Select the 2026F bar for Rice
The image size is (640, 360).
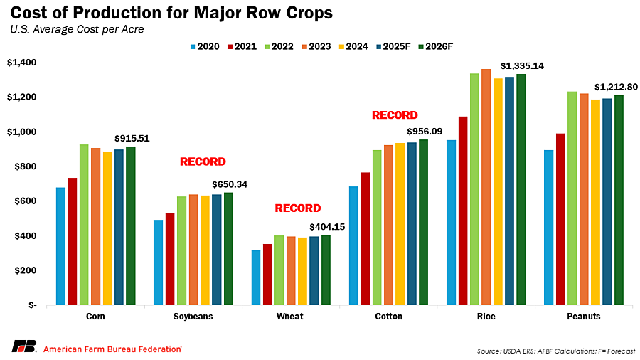pyautogui.click(x=521, y=189)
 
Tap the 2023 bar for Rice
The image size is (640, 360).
pyautogui.click(x=486, y=186)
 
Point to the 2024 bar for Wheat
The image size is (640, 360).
pyautogui.click(x=302, y=271)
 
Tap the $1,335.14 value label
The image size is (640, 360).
pyautogui.click(x=522, y=65)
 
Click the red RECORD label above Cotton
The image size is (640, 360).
pyautogui.click(x=395, y=115)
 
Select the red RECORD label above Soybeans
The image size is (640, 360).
pyautogui.click(x=203, y=162)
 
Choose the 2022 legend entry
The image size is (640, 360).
pyautogui.click(x=281, y=46)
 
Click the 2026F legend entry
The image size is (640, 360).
pyautogui.click(x=436, y=46)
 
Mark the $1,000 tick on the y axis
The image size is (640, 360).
pyautogui.click(x=23, y=132)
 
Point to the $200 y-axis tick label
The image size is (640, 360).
pyautogui.click(x=26, y=271)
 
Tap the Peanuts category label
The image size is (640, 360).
pyautogui.click(x=583, y=317)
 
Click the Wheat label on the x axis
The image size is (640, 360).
pyautogui.click(x=290, y=317)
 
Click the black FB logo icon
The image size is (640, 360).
pyautogui.click(x=24, y=346)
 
